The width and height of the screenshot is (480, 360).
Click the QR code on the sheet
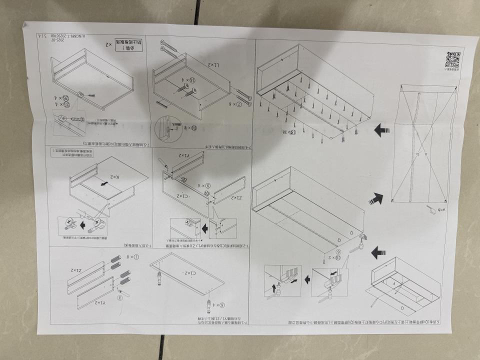tap(452, 60)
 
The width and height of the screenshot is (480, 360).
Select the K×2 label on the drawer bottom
tap(115, 177)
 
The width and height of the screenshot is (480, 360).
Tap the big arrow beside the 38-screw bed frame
tap(382, 131)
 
